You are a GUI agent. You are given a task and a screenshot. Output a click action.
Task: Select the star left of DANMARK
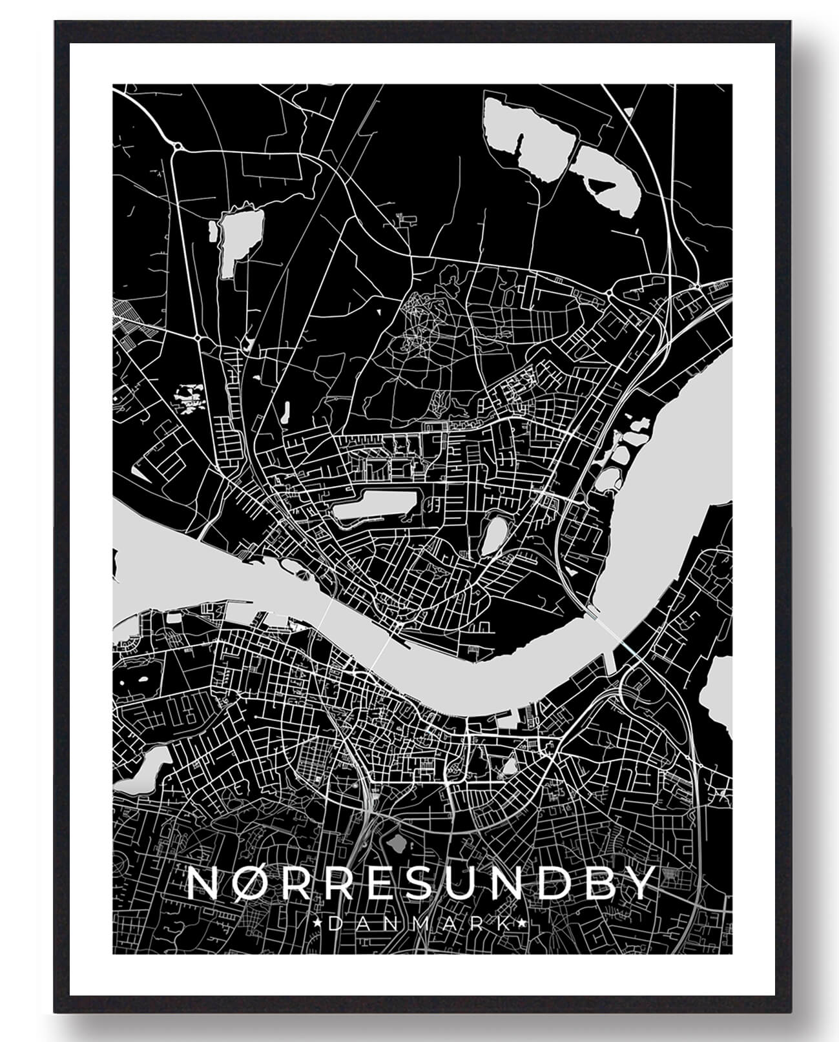click(317, 925)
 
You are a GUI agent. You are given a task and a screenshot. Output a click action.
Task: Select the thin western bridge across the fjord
click(327, 609)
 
